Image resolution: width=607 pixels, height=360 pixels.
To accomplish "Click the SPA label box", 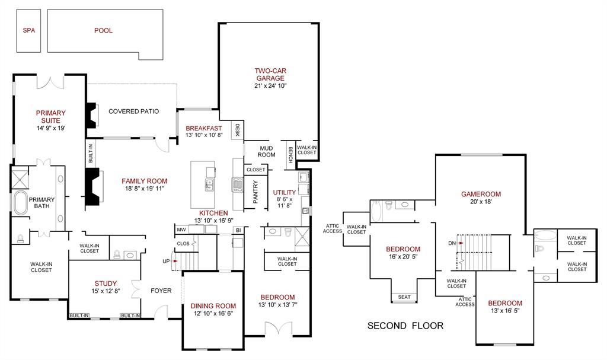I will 28,31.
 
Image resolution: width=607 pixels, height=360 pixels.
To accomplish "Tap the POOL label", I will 103,31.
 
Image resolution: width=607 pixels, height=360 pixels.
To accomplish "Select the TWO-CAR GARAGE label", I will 270,74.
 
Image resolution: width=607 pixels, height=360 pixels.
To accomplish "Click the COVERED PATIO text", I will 133,111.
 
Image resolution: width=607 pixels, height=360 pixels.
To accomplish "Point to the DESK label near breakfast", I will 237,130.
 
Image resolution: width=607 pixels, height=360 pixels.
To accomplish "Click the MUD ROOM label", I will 267,151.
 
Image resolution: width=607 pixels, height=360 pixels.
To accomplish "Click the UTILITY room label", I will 285,193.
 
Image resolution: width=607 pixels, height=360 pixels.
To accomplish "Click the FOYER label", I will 161,291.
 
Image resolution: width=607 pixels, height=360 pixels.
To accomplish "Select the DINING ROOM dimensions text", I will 212,314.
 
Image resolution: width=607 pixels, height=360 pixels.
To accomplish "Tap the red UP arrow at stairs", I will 175,261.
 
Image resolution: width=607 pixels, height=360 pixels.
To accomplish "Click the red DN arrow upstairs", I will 461,243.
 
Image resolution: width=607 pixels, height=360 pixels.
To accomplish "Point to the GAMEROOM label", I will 481,194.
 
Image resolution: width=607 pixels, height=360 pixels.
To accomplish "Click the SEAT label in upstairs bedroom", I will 404,297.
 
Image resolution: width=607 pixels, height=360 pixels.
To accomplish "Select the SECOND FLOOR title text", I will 405,326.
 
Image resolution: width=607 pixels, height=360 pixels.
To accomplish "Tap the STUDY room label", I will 106,283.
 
